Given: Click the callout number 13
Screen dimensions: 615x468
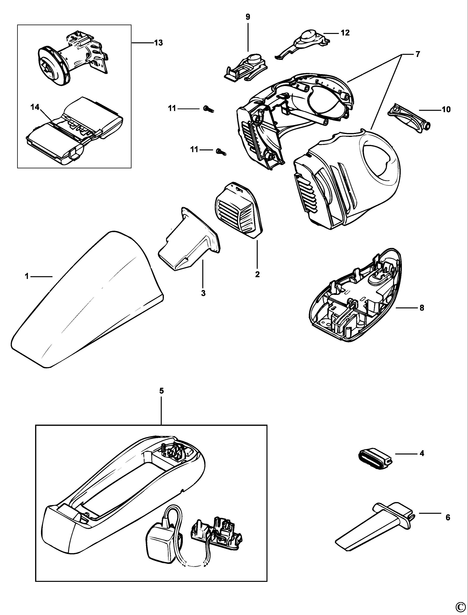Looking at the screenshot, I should pyautogui.click(x=159, y=43).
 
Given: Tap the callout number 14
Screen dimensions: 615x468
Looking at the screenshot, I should pyautogui.click(x=35, y=107).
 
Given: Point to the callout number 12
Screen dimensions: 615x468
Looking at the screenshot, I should pyautogui.click(x=345, y=33).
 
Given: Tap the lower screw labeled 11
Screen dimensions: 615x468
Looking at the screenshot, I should pyautogui.click(x=221, y=151).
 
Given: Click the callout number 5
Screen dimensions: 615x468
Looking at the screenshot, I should pyautogui.click(x=162, y=390).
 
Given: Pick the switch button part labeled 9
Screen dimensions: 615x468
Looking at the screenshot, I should pyautogui.click(x=247, y=67).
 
